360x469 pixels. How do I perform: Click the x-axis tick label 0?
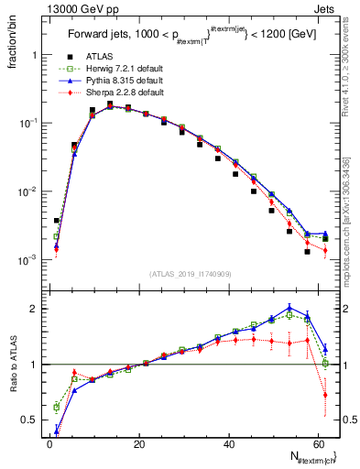(49, 444)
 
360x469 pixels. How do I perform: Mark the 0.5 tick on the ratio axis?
(32, 420)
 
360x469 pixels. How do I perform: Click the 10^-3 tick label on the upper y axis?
(30, 260)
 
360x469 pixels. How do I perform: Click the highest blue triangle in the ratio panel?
(289, 308)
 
